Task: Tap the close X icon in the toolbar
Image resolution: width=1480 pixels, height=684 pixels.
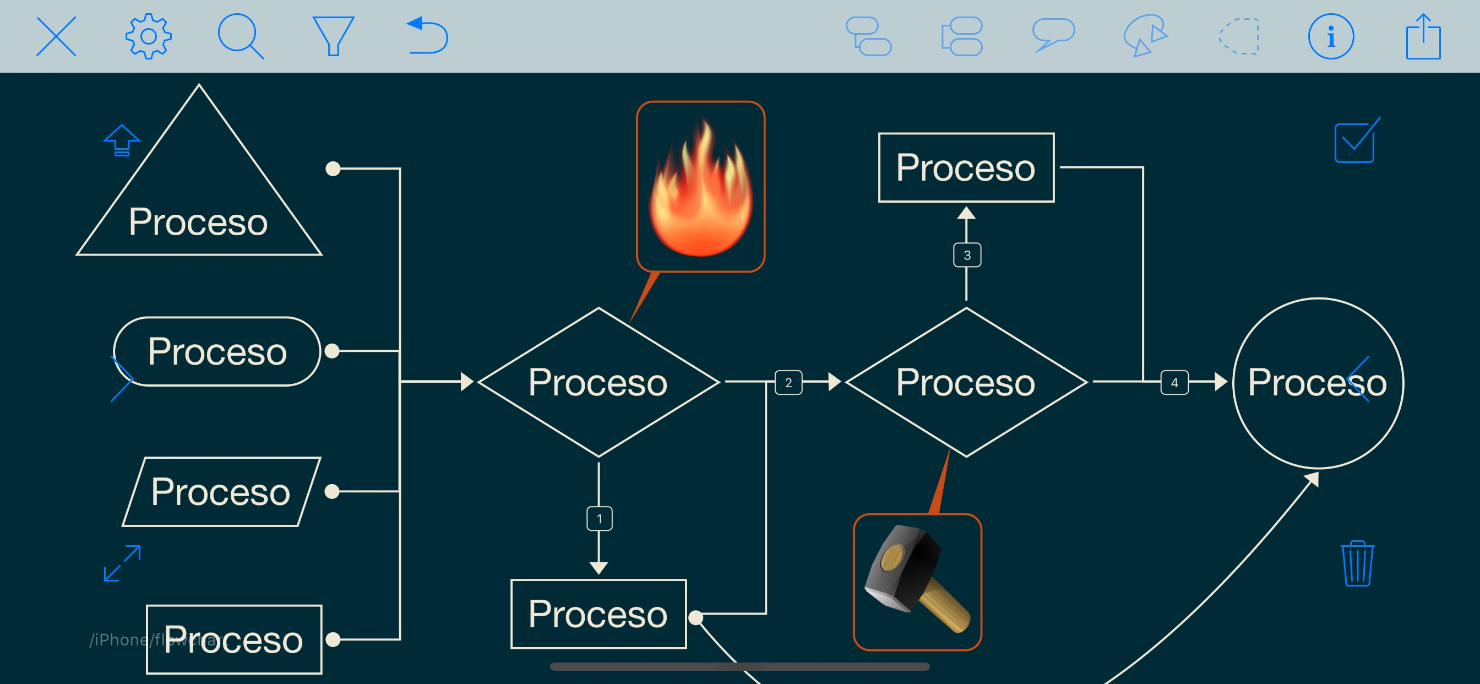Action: pyautogui.click(x=56, y=36)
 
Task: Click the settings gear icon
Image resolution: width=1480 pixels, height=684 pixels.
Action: pyautogui.click(x=148, y=36)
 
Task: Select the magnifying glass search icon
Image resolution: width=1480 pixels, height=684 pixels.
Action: pyautogui.click(x=240, y=36)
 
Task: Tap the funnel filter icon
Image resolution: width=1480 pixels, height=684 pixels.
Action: pyautogui.click(x=333, y=36)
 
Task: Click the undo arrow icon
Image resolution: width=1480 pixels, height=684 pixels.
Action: pyautogui.click(x=427, y=36)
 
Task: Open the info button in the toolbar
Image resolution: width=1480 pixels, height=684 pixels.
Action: pyautogui.click(x=1331, y=36)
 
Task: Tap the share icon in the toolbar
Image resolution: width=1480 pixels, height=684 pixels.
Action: pyautogui.click(x=1423, y=36)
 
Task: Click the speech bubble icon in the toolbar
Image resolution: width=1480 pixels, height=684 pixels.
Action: pyautogui.click(x=1053, y=35)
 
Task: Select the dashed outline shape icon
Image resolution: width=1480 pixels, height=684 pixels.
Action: pyautogui.click(x=1239, y=36)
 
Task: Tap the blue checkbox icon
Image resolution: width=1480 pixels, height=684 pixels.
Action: pyautogui.click(x=1356, y=142)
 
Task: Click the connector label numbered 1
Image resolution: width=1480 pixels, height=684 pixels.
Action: pyautogui.click(x=599, y=518)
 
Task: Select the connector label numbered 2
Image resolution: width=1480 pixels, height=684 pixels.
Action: pyautogui.click(x=788, y=382)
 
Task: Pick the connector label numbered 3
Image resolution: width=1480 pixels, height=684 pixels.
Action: pyautogui.click(x=967, y=255)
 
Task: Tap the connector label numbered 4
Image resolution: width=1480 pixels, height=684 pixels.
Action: pyautogui.click(x=1174, y=382)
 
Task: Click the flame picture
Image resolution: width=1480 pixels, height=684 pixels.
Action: pyautogui.click(x=700, y=186)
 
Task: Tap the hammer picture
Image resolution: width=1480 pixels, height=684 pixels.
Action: pyautogui.click(x=917, y=582)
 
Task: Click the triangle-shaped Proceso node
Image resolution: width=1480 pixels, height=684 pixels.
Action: pyautogui.click(x=199, y=196)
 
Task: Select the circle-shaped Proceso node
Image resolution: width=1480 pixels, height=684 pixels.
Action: pyautogui.click(x=1318, y=383)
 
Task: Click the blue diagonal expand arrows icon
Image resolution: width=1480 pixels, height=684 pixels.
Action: pyautogui.click(x=122, y=563)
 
